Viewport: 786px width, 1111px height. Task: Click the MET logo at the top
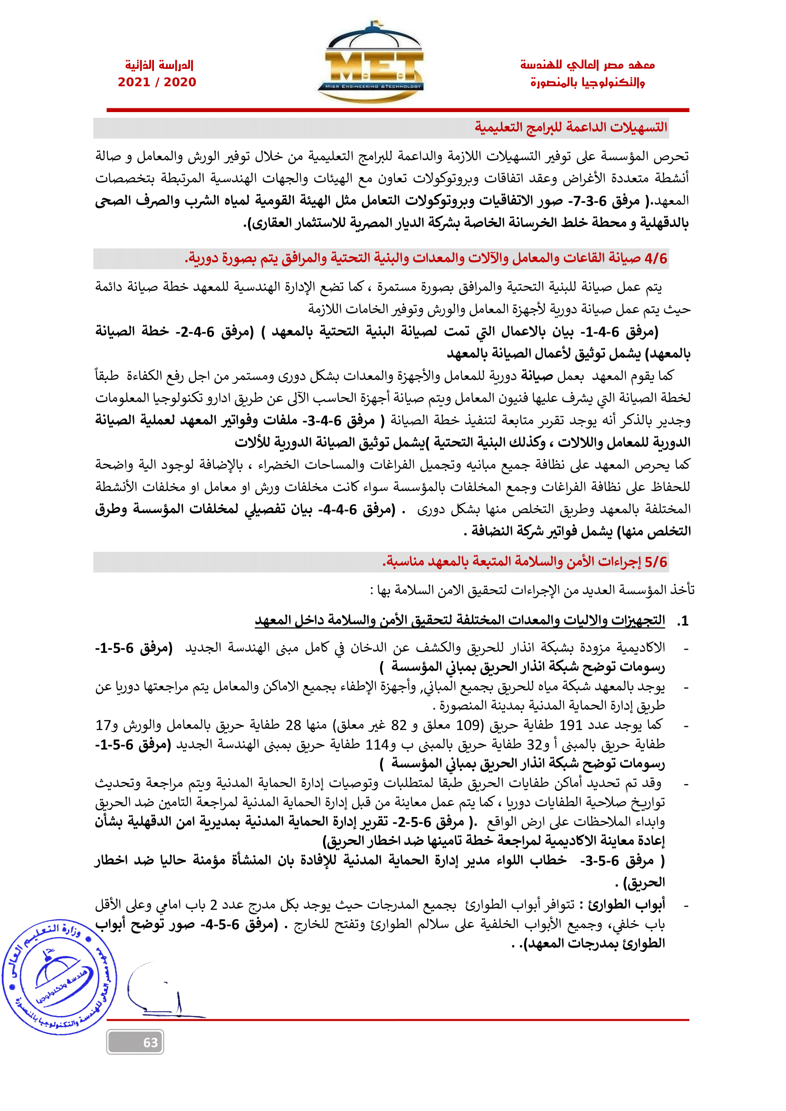[x=371, y=63]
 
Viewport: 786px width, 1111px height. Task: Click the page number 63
[x=151, y=1042]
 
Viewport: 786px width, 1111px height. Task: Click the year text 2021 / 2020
[x=157, y=82]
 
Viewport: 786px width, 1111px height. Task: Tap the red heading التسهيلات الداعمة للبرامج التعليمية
[x=571, y=128]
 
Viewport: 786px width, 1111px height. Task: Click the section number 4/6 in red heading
[x=656, y=258]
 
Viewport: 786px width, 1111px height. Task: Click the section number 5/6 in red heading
[x=656, y=562]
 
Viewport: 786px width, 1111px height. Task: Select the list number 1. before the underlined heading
[x=682, y=621]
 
